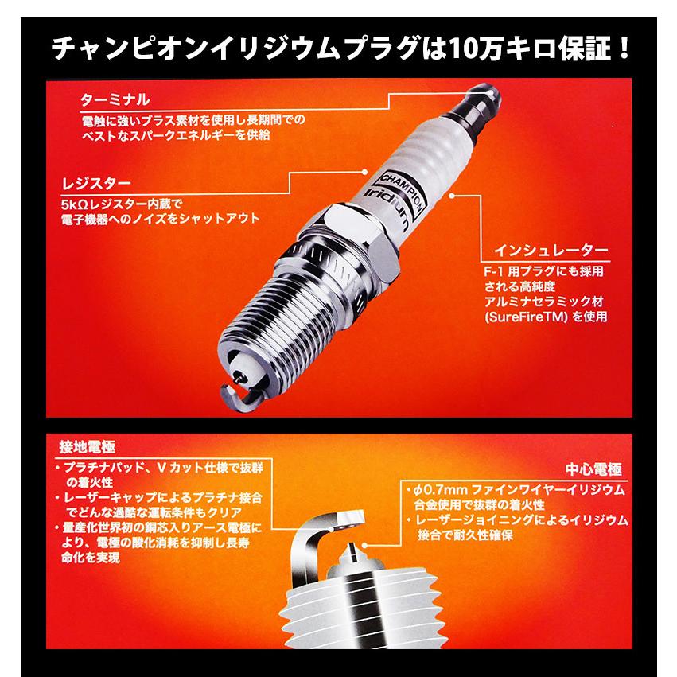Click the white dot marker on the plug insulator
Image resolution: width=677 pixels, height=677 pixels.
(451, 193)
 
